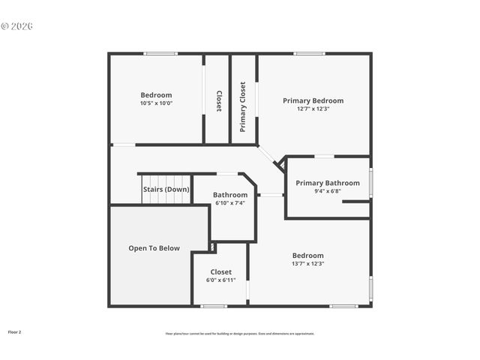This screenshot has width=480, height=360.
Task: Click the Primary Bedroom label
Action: [x=313, y=100]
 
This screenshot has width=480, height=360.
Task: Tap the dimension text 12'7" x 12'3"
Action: [x=313, y=109]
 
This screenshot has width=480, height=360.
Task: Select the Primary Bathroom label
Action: [x=327, y=183]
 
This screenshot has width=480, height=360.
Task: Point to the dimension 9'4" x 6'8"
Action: [x=327, y=191]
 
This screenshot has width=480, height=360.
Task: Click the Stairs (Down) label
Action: [x=166, y=190]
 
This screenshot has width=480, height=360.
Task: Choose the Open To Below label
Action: [x=154, y=248]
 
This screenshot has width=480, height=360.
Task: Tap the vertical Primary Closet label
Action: [x=243, y=107]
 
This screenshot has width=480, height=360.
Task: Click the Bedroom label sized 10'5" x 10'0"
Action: [x=156, y=95]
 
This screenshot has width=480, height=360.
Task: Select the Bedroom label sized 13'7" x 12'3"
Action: [x=307, y=255]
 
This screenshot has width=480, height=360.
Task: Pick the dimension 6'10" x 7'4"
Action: [x=230, y=203]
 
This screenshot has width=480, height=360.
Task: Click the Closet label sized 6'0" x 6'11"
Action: [x=220, y=272]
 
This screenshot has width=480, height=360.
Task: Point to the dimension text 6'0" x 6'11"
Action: [x=220, y=280]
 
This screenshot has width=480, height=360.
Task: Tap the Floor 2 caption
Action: [x=15, y=331]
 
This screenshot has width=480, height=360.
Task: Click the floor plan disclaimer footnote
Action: [x=240, y=334]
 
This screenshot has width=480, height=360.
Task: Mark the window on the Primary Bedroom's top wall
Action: [x=309, y=53]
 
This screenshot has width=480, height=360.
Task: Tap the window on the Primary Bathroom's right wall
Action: [x=370, y=183]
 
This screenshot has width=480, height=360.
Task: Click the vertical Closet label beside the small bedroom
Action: [x=218, y=101]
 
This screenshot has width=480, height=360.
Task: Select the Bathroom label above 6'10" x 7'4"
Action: [x=230, y=195]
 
